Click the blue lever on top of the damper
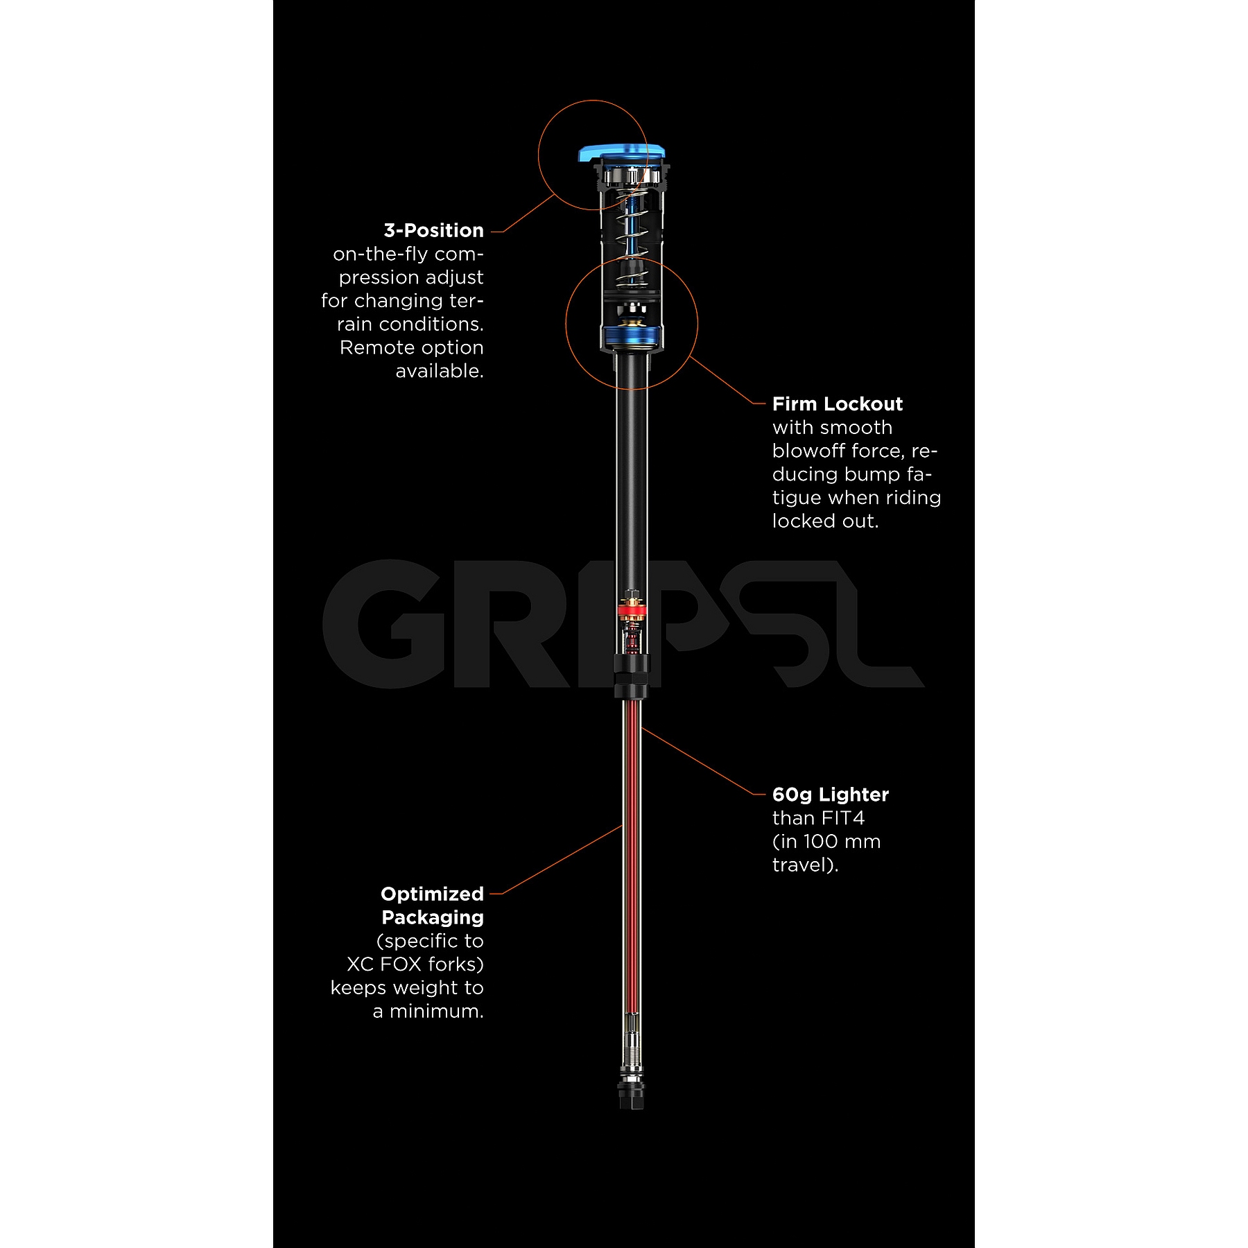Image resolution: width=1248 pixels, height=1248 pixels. click(622, 152)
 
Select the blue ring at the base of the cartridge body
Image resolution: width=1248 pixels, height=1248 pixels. click(632, 338)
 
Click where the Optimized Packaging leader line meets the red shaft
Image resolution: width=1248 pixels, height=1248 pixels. click(623, 825)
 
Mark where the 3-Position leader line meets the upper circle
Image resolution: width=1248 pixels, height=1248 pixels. click(555, 195)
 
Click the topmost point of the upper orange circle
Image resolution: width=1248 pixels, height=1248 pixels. click(593, 100)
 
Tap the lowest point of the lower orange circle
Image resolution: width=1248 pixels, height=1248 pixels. click(632, 390)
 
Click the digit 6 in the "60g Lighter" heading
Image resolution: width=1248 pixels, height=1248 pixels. click(779, 795)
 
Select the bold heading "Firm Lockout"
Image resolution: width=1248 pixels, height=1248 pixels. click(838, 404)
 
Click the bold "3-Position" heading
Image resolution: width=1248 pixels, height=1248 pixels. click(433, 230)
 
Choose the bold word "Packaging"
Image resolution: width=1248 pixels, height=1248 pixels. click(433, 918)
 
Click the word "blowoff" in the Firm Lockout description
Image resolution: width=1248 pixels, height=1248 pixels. click(808, 451)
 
